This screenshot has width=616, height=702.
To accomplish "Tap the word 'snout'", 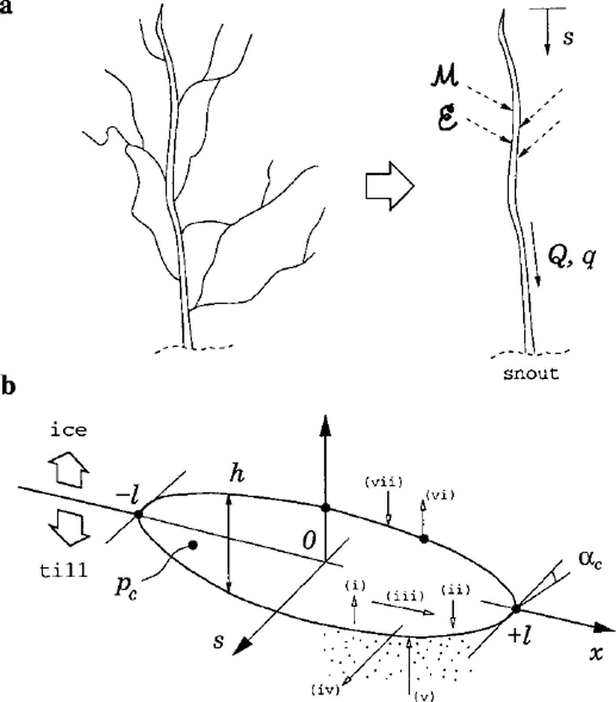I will click(531, 374).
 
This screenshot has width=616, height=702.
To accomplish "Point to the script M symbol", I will click(444, 78).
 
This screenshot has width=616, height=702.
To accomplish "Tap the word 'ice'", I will click(69, 430).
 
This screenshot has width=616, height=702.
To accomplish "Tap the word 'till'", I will click(64, 570).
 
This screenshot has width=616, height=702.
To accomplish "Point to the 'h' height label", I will click(237, 475).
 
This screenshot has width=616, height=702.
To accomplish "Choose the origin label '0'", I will click(310, 540).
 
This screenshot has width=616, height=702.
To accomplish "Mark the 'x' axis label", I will click(596, 653).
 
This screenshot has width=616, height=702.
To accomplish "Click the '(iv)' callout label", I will click(326, 690).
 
